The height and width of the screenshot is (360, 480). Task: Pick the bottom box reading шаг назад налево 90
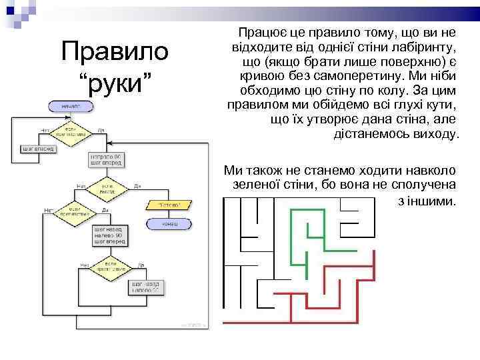pos(145,287)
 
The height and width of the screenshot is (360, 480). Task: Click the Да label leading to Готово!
pos(136,186)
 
